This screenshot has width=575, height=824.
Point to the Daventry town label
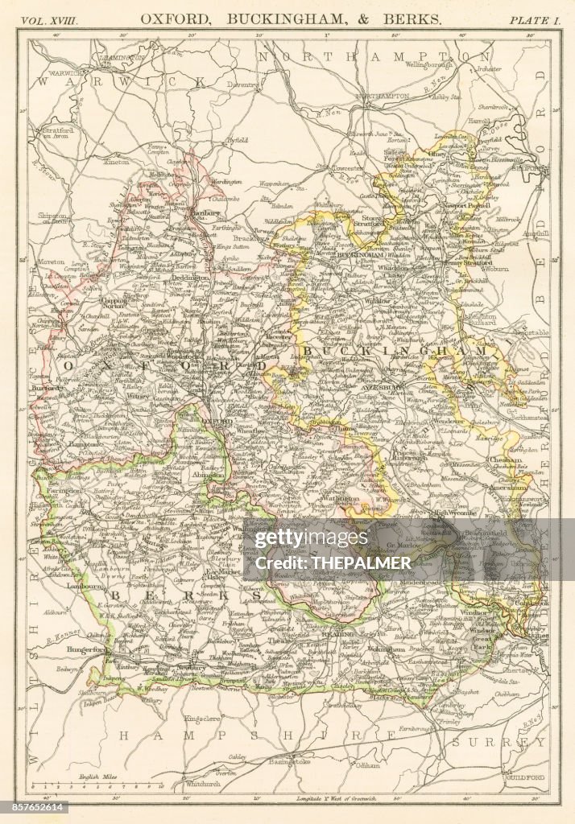point(241,83)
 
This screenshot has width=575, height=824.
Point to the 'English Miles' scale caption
point(93,777)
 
